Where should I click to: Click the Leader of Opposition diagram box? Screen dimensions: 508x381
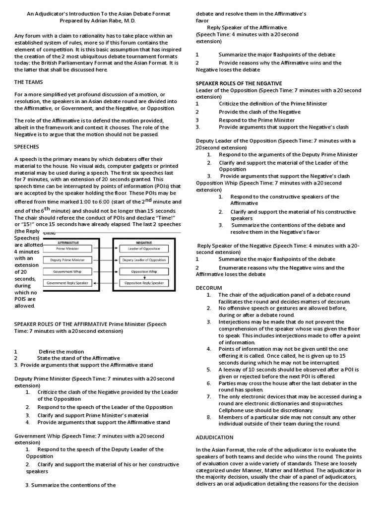pyautogui.click(x=144, y=248)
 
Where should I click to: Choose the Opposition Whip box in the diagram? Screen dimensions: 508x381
pyautogui.click(x=144, y=271)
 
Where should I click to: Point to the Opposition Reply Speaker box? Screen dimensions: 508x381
pyautogui.click(x=144, y=283)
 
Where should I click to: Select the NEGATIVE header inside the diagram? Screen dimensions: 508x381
pyautogui.click(x=144, y=242)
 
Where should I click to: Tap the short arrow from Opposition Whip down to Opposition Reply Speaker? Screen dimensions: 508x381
pyautogui.click(x=144, y=277)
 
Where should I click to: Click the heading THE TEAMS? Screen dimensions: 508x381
pyautogui.click(x=28, y=82)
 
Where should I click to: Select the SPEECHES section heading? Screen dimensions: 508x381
pyautogui.click(x=26, y=147)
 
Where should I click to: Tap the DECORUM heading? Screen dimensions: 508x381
pyautogui.click(x=209, y=288)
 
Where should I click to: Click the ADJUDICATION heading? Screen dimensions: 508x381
pyautogui.click(x=214, y=437)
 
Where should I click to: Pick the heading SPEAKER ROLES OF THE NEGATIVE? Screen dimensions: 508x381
pyautogui.click(x=239, y=83)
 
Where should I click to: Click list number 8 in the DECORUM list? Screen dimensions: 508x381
pyautogui.click(x=209, y=417)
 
